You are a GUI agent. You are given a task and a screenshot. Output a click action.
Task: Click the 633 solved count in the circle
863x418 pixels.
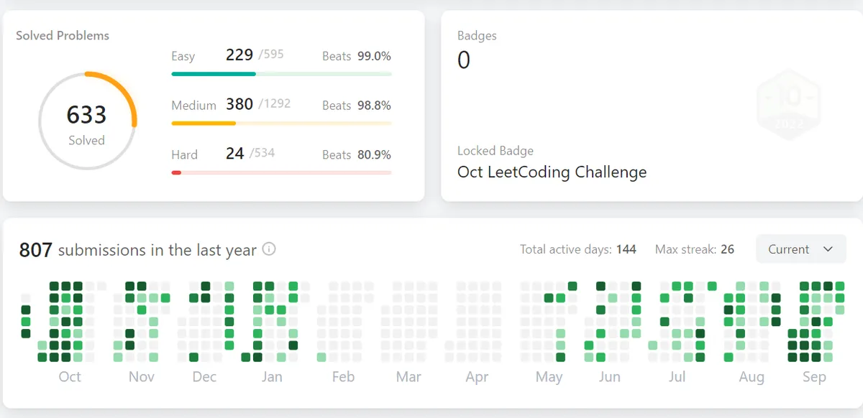point(86,115)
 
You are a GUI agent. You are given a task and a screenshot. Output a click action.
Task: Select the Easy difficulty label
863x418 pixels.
point(183,56)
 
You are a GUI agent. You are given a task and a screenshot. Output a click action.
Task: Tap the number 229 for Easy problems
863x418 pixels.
point(239,55)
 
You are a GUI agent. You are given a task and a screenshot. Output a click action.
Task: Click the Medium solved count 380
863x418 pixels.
point(239,104)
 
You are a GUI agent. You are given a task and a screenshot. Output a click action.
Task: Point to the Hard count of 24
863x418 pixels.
point(234,153)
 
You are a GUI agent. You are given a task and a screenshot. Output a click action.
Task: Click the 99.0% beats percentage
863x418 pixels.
point(374,56)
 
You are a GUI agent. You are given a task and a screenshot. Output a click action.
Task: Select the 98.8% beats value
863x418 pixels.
point(374,106)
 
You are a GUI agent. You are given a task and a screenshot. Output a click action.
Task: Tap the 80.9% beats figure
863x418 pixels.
point(374,154)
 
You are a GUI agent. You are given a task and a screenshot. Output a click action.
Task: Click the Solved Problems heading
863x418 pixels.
point(63,35)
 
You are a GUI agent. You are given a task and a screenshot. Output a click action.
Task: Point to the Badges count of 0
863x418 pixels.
point(464,60)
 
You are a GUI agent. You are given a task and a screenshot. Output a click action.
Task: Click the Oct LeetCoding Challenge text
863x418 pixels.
point(552,172)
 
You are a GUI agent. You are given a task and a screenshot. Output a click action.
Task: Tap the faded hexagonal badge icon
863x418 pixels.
point(789,104)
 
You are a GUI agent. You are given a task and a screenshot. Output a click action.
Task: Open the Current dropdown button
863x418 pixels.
point(800,249)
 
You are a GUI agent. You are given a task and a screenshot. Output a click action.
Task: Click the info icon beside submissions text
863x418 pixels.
point(269,249)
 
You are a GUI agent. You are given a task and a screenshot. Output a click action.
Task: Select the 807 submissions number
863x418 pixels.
point(36,250)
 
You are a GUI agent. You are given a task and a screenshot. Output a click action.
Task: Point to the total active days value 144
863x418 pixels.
point(626,249)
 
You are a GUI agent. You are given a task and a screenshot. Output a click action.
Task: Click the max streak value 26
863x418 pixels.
point(727,249)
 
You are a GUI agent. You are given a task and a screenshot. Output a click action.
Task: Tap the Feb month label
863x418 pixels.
point(343,376)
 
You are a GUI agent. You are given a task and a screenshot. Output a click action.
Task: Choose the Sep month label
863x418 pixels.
point(814,376)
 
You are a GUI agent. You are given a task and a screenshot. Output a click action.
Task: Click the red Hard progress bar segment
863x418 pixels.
point(176,172)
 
